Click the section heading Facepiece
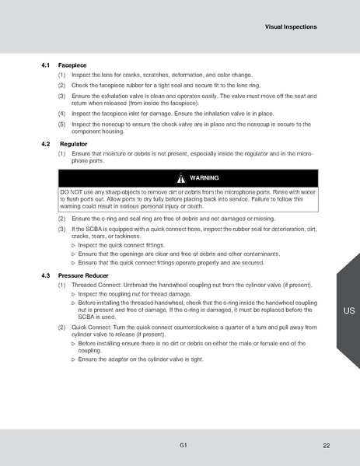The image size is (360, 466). (x=72, y=64)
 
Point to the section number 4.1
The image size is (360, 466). (x=44, y=64)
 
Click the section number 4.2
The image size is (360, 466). (x=44, y=145)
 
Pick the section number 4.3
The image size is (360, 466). (x=44, y=276)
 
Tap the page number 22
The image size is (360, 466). (x=326, y=445)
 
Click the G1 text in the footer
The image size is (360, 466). (x=182, y=445)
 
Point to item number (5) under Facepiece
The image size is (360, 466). (x=62, y=124)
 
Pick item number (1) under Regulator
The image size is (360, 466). (x=62, y=154)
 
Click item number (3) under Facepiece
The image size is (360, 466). (x=62, y=95)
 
